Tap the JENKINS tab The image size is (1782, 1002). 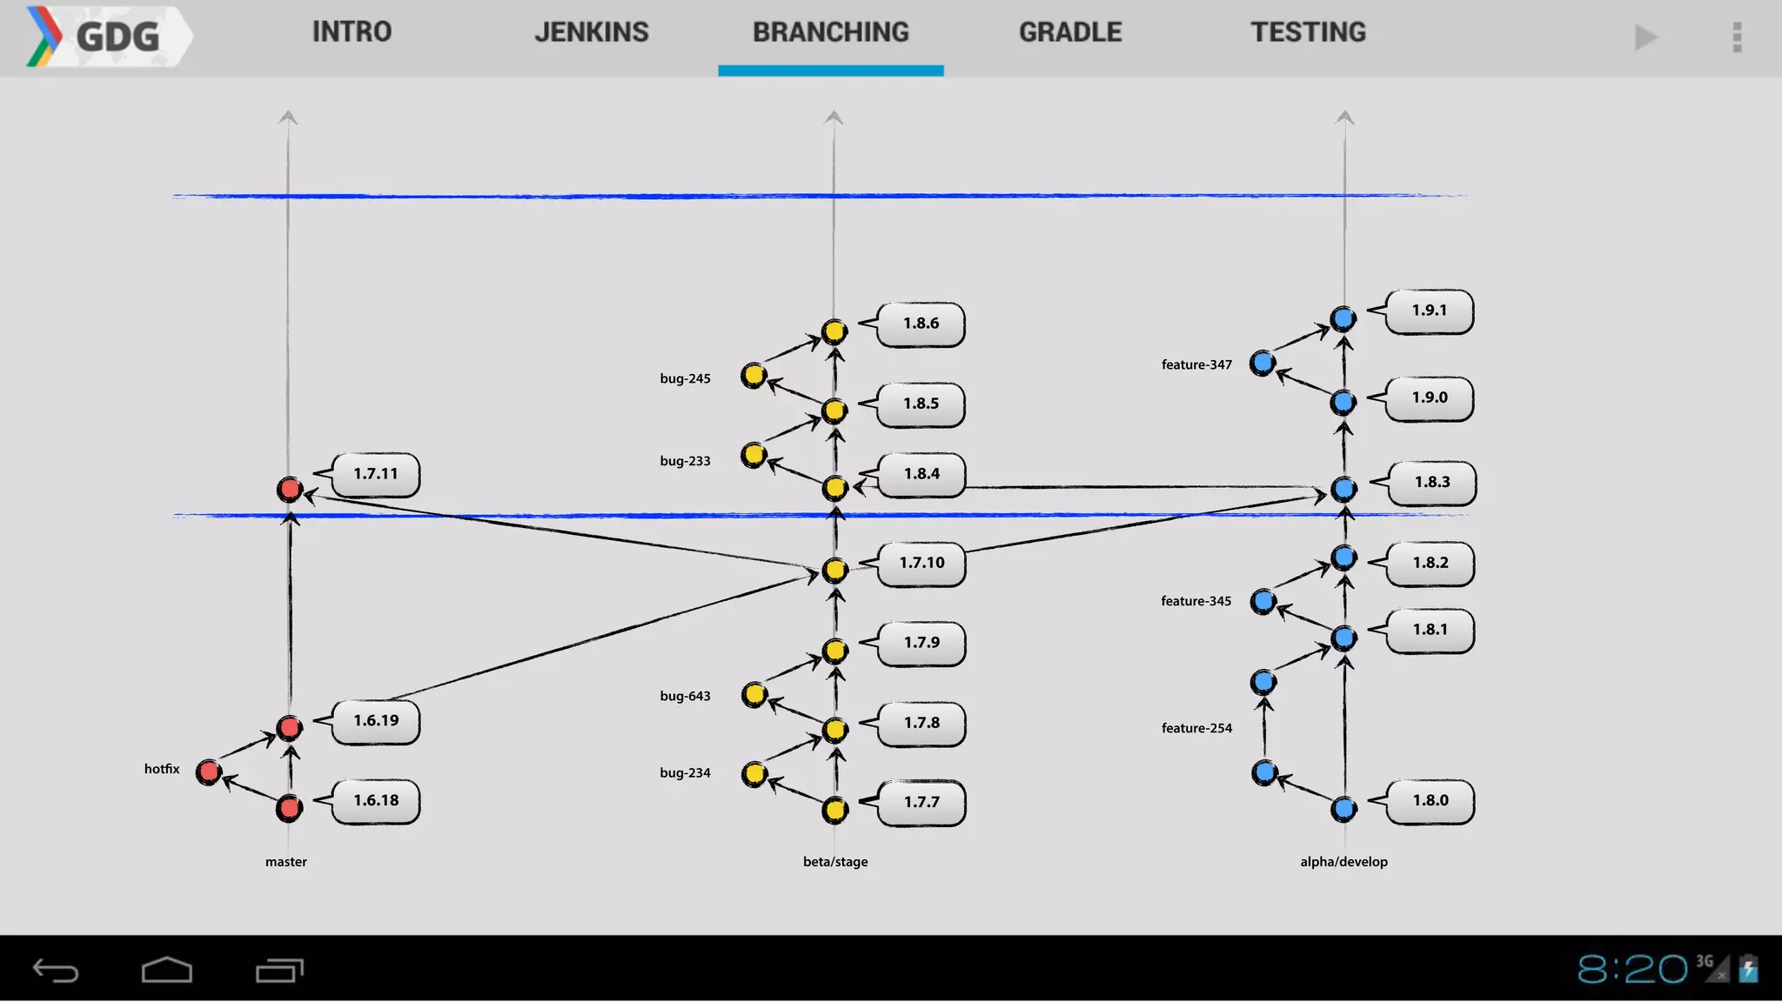(x=591, y=33)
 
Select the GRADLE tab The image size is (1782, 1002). (x=1070, y=33)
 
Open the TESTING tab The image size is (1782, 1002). (x=1308, y=33)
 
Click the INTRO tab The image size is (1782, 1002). (x=352, y=33)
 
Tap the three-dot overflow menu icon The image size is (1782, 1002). (x=1737, y=37)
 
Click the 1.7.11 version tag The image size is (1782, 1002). (x=376, y=474)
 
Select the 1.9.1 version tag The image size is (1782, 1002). (x=1429, y=311)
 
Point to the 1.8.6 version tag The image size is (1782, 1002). (x=921, y=324)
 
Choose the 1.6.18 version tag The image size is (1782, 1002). (x=376, y=800)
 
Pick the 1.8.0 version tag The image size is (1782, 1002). (x=1430, y=800)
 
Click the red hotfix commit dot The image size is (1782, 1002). (x=209, y=772)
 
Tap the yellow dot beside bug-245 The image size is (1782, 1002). (x=754, y=376)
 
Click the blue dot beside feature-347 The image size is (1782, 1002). (x=1263, y=363)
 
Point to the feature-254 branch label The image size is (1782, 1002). (x=1196, y=728)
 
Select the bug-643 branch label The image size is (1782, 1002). (x=685, y=696)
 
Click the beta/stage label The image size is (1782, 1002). (x=835, y=862)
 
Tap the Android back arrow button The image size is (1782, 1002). (x=56, y=970)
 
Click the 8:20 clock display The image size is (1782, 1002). (x=1631, y=969)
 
